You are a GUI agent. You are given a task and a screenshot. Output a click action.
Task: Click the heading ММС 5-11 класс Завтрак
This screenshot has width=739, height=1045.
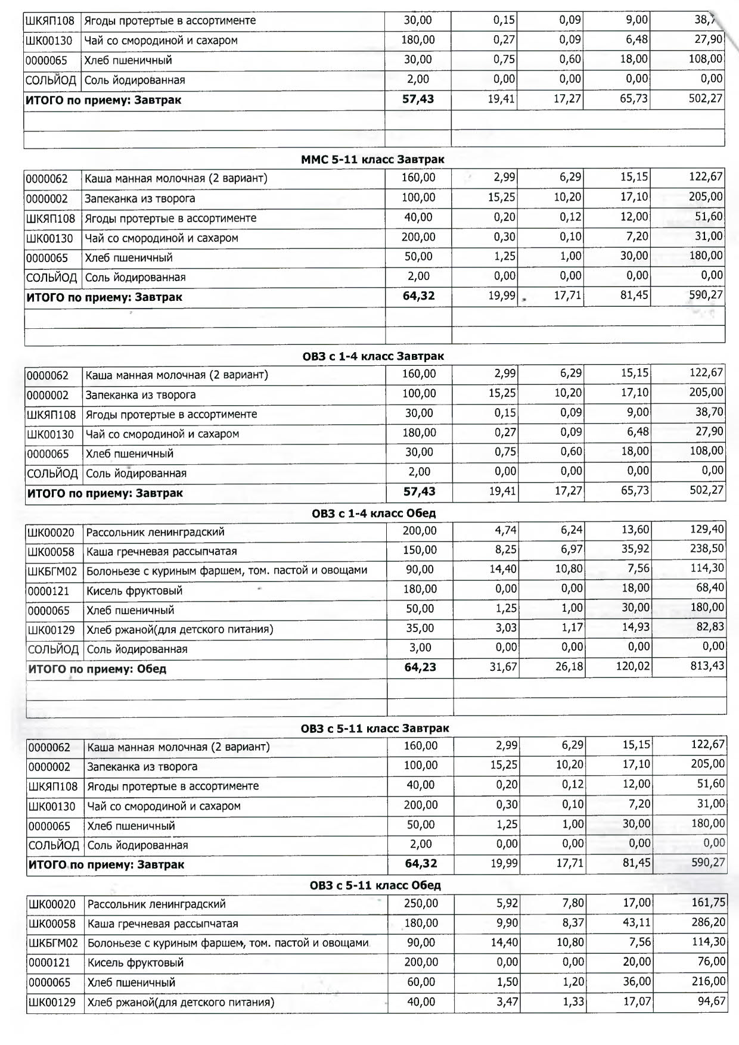[372, 160]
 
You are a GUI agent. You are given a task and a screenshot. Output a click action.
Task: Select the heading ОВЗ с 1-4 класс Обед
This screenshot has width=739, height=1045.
[374, 513]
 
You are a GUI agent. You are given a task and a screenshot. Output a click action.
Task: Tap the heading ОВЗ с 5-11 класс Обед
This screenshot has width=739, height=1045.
[375, 885]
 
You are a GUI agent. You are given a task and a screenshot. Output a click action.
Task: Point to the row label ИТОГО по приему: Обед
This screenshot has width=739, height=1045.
[97, 669]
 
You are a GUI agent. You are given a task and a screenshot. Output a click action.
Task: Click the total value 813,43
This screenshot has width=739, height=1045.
[707, 665]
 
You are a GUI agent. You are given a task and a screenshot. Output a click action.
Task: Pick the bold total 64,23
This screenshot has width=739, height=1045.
[420, 667]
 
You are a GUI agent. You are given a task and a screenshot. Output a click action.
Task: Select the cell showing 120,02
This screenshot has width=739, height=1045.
[633, 666]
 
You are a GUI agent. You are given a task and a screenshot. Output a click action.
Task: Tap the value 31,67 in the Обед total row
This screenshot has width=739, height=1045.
[503, 667]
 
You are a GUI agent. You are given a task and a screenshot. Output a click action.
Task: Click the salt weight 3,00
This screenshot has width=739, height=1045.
[420, 648]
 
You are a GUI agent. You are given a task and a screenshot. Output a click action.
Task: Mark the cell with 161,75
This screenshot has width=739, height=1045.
[708, 903]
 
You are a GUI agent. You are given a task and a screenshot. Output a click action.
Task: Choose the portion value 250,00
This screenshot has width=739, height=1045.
[421, 903]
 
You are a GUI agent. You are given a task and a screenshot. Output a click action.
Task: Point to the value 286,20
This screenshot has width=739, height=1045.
[708, 922]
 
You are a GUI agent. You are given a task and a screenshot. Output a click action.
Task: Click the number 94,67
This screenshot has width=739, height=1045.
[711, 1000]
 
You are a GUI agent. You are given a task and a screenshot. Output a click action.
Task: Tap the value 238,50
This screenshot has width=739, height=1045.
[707, 549]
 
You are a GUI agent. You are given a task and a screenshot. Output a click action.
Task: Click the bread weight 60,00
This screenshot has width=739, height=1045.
[421, 982]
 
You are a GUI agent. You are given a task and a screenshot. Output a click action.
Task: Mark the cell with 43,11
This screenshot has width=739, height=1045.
[636, 922]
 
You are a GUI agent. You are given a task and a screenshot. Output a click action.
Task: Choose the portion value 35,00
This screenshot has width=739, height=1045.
[420, 628]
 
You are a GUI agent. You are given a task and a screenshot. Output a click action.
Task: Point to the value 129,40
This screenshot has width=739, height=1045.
[707, 529]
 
